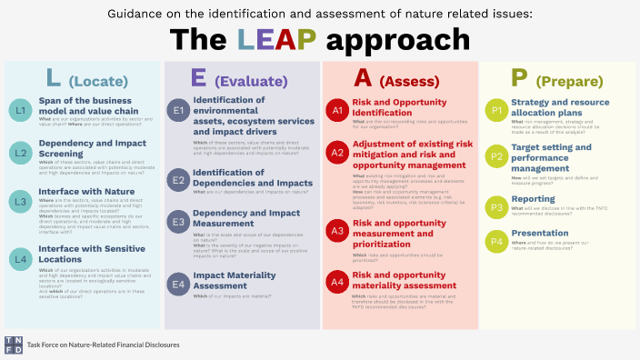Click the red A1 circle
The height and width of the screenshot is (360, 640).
click(337, 111)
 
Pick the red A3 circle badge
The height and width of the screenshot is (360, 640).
click(337, 232)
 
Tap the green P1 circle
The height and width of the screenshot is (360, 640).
click(496, 111)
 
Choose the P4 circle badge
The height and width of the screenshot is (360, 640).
click(496, 241)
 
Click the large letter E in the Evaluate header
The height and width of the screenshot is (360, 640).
click(198, 77)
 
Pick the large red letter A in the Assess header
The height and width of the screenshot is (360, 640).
click(362, 77)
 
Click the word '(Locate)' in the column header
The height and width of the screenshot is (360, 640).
click(96, 80)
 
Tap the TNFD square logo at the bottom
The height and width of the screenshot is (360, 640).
click(14, 344)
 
